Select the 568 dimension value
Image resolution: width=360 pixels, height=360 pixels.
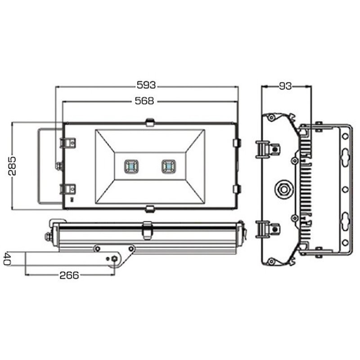pos(145,101)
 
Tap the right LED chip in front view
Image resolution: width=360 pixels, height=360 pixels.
pos(169,166)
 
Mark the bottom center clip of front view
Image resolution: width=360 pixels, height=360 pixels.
pos(149,208)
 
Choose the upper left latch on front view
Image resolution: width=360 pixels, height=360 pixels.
pos(67,143)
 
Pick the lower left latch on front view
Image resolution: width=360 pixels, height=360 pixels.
pos(67,189)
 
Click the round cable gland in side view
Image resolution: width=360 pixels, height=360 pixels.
pos(284,187)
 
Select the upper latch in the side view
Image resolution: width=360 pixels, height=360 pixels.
pos(267,148)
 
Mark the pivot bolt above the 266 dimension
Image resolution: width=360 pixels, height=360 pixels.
pos(114,258)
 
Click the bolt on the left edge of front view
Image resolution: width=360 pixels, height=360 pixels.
pos(58,166)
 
